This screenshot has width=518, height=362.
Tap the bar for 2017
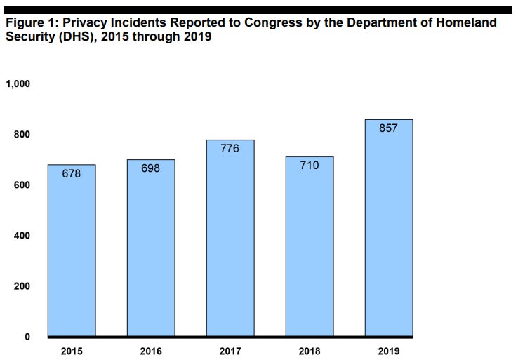pyautogui.click(x=230, y=238)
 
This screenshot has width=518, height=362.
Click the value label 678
pyautogui.click(x=72, y=173)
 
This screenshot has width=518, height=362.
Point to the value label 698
pyautogui.click(x=151, y=168)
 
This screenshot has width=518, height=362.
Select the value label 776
pyautogui.click(x=230, y=149)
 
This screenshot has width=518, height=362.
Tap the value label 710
pyautogui.click(x=310, y=166)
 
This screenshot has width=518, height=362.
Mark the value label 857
pyautogui.click(x=388, y=128)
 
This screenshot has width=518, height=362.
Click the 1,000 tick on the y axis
pyautogui.click(x=18, y=84)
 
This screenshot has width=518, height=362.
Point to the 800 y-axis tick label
pyautogui.click(x=22, y=135)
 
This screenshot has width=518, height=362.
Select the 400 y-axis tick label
pyautogui.click(x=22, y=236)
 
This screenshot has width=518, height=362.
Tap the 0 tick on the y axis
pyautogui.click(x=27, y=337)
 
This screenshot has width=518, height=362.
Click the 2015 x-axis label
pyautogui.click(x=72, y=350)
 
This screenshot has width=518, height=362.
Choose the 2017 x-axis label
pyautogui.click(x=230, y=350)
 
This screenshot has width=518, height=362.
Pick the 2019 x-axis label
pyautogui.click(x=388, y=350)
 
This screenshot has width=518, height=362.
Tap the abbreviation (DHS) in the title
pyautogui.click(x=65, y=36)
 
